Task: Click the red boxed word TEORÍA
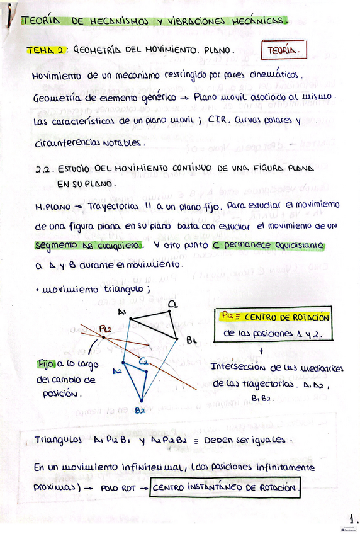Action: (283, 49)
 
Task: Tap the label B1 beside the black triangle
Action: (193, 339)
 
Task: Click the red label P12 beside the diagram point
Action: (104, 329)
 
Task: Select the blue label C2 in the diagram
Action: (144, 361)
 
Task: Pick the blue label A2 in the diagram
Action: (117, 372)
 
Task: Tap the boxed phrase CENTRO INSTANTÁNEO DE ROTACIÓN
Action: (225, 487)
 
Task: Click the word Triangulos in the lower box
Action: (57, 441)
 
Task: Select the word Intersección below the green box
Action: (236, 367)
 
